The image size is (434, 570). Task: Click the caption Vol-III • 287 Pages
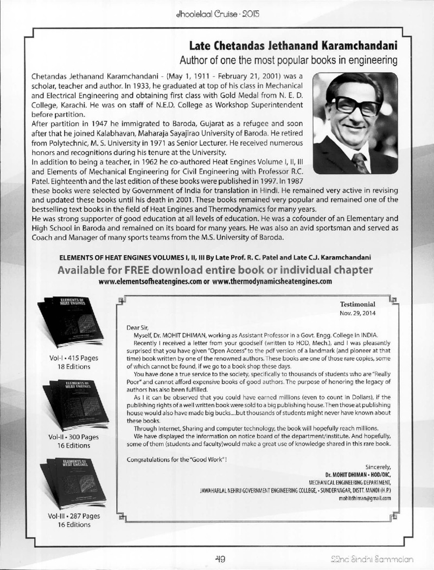click(x=61, y=515)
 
